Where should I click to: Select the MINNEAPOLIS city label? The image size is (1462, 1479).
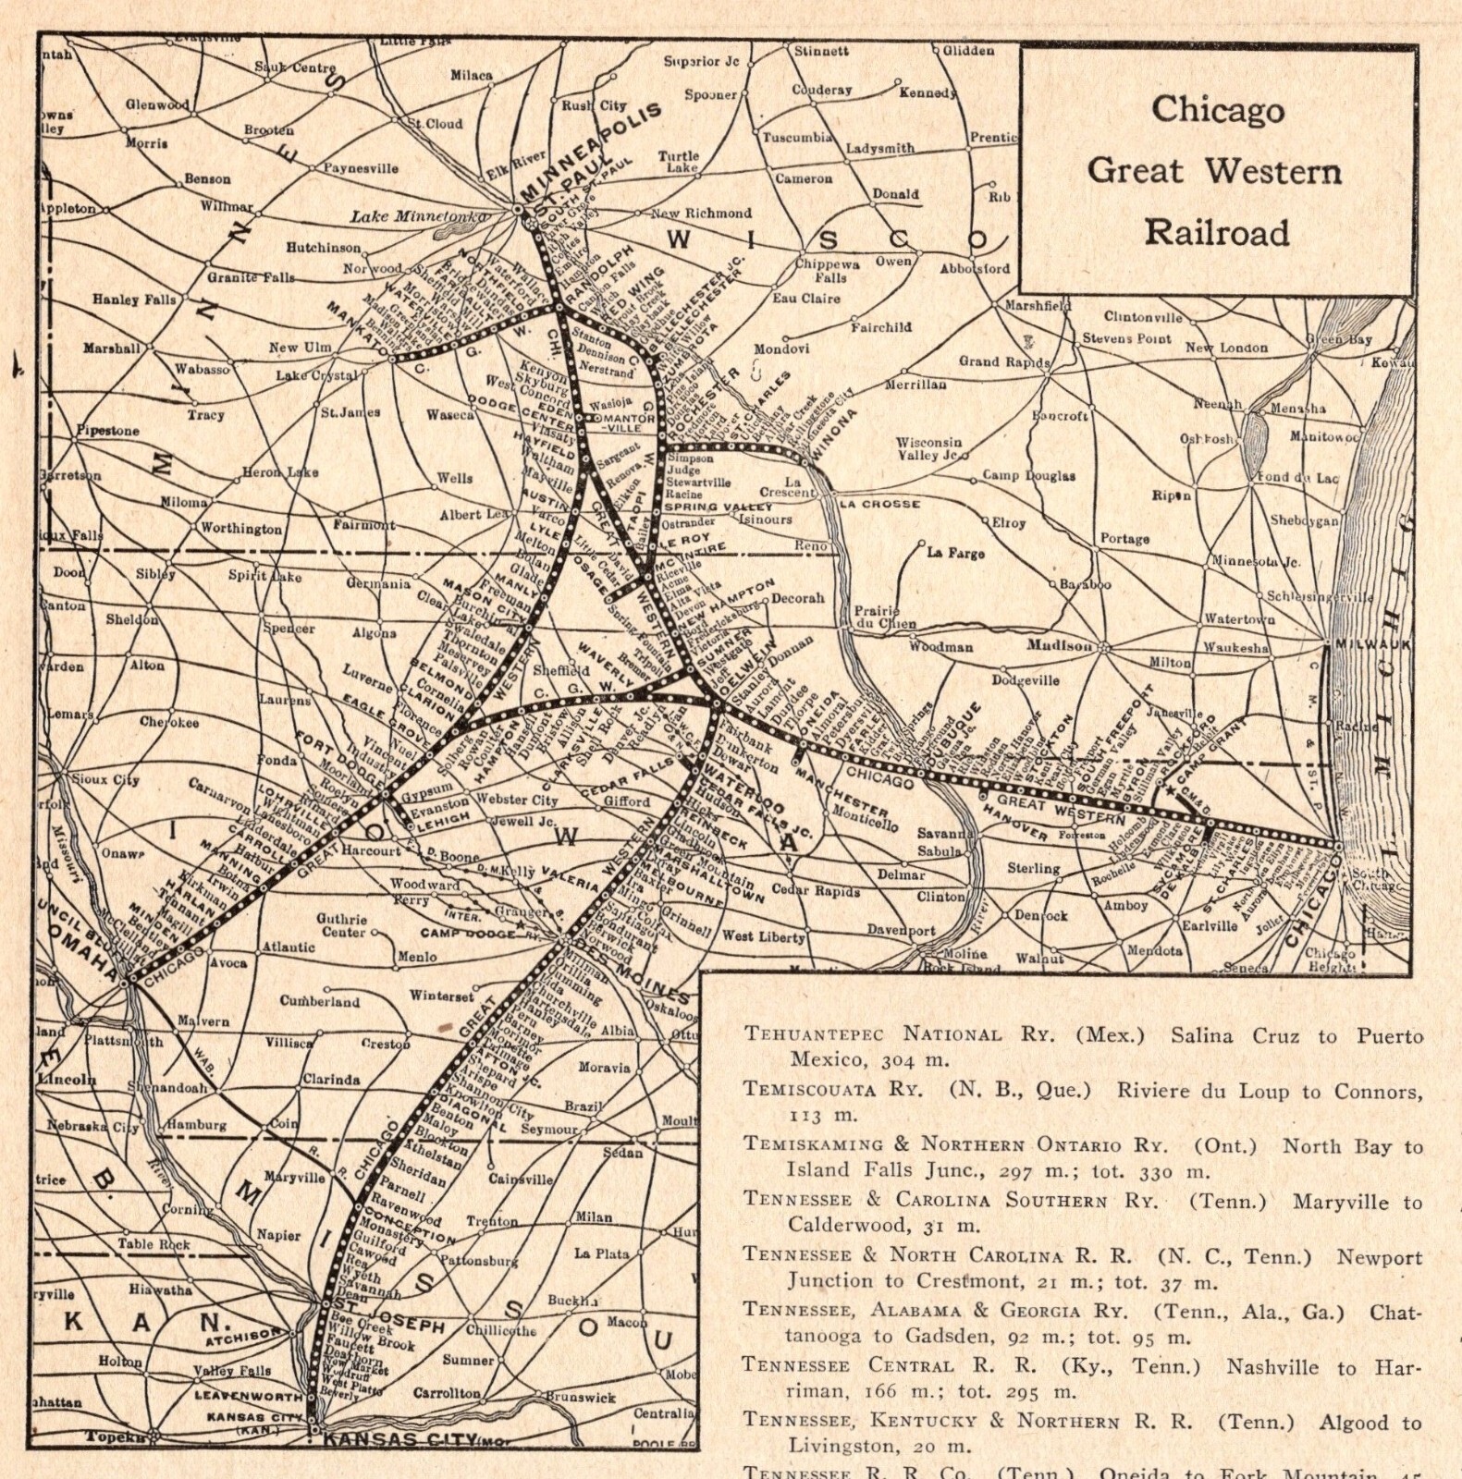[x=592, y=153]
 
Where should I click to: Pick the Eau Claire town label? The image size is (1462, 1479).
[x=806, y=298]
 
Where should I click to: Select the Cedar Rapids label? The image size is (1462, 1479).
[x=815, y=891]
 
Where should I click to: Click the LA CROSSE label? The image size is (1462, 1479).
[x=879, y=504]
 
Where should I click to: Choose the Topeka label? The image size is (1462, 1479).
[x=116, y=1436]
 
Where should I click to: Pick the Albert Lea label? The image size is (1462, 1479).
[x=474, y=515]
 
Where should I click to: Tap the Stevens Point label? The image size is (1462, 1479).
[x=1127, y=338]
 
